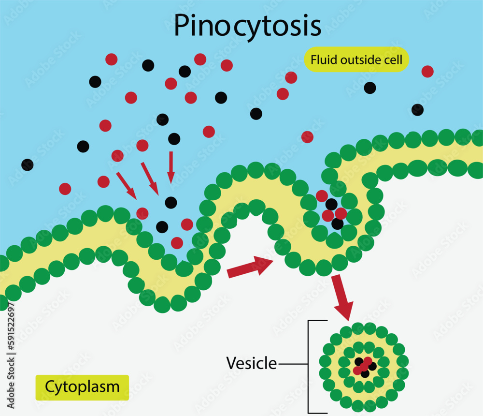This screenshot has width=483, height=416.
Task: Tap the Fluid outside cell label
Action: coord(356,60)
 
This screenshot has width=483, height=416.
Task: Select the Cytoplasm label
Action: coord(82,387)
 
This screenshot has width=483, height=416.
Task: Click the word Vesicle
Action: coord(252,363)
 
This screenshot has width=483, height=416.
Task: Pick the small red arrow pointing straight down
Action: coord(170,167)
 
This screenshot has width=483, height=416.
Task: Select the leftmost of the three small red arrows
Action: coord(126,185)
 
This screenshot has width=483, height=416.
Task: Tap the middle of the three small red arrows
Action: coord(149,178)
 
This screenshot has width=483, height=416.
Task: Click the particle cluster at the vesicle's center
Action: coord(365,367)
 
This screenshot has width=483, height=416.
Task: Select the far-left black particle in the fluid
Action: coord(28,165)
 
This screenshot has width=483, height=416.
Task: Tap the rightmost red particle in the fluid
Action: coord(427,72)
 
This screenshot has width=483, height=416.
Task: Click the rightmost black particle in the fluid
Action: coord(417,110)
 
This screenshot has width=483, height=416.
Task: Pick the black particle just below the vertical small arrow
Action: coord(170,202)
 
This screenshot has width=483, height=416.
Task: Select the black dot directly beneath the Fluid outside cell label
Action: coord(369,88)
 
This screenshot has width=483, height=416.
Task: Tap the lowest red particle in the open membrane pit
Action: coord(177,242)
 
